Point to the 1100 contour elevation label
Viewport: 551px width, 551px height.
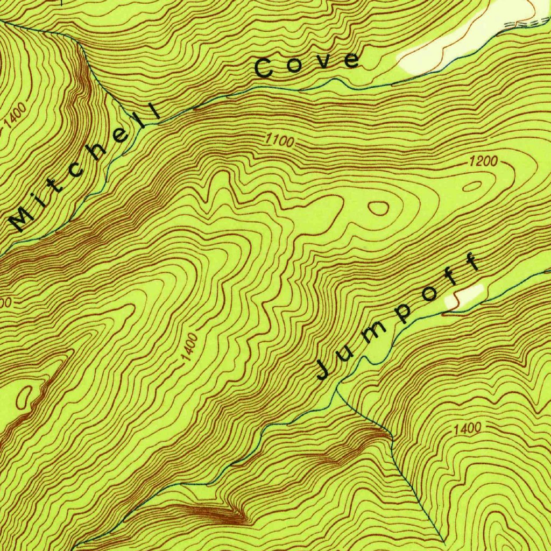point(280,142)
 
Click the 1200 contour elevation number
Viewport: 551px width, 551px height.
point(483,160)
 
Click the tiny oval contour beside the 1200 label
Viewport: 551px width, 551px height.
point(472,186)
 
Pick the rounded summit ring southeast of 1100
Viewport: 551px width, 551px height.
point(379,208)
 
